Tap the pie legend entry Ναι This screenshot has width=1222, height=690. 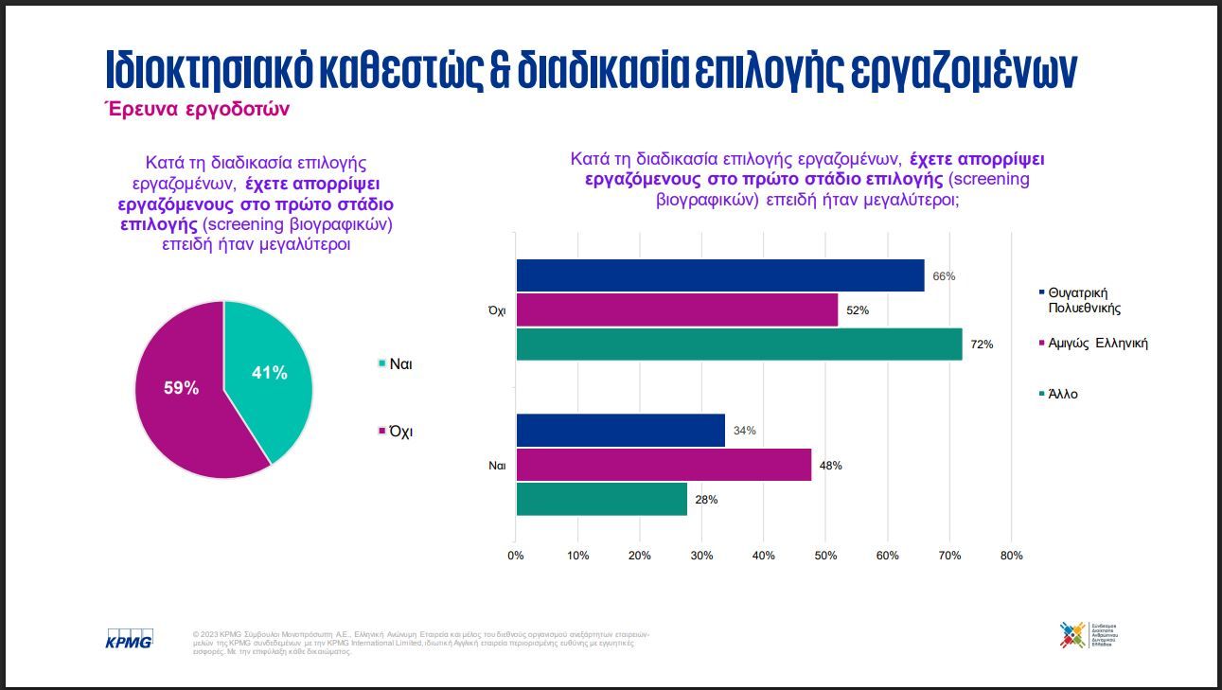(x=397, y=363)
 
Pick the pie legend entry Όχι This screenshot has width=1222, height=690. (x=397, y=432)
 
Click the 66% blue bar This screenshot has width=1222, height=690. (x=719, y=275)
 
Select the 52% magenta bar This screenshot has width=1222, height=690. (x=677, y=310)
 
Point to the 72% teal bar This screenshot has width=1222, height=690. (x=738, y=344)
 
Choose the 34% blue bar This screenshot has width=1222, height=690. (x=620, y=431)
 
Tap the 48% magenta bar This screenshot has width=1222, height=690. (x=663, y=465)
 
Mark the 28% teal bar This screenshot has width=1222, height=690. (x=601, y=499)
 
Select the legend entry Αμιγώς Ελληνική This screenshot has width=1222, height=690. (x=1097, y=343)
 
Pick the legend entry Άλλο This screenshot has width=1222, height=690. (x=1062, y=394)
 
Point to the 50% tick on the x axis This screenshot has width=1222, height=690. (x=825, y=556)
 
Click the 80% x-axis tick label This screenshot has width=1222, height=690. (x=1011, y=556)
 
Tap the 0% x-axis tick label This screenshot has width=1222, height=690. (x=516, y=556)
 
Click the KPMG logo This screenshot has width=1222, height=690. (x=129, y=639)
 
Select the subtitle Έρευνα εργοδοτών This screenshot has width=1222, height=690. (x=196, y=110)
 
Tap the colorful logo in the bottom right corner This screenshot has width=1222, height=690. (x=1073, y=634)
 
